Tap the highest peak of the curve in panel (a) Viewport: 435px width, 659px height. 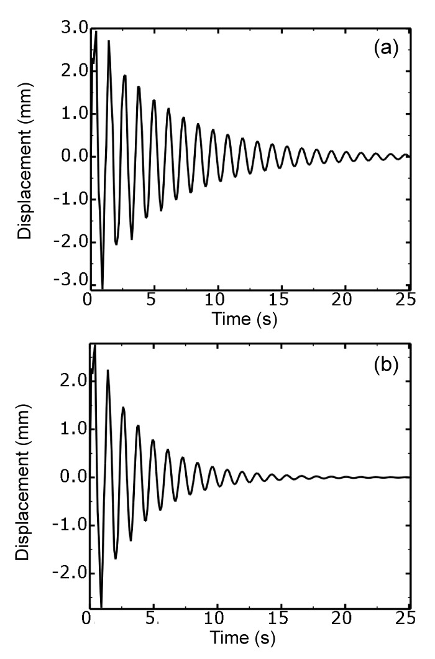point(96,31)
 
